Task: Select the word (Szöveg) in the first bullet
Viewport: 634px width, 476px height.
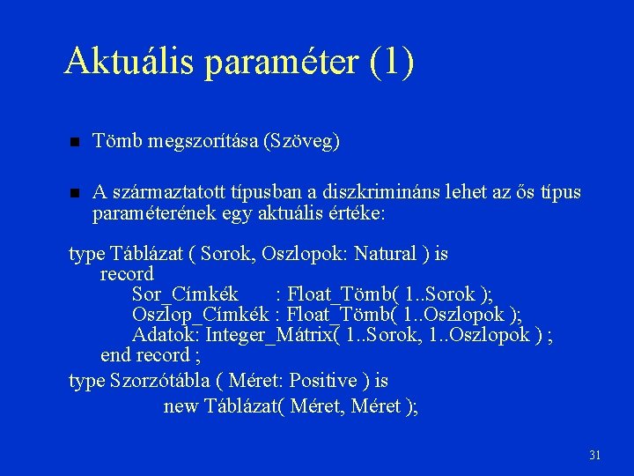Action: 302,142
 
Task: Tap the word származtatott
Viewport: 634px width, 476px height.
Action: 166,192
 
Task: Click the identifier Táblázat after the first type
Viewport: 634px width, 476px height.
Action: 146,254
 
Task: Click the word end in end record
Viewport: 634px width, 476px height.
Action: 115,355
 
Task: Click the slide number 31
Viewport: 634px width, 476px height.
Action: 594,456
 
